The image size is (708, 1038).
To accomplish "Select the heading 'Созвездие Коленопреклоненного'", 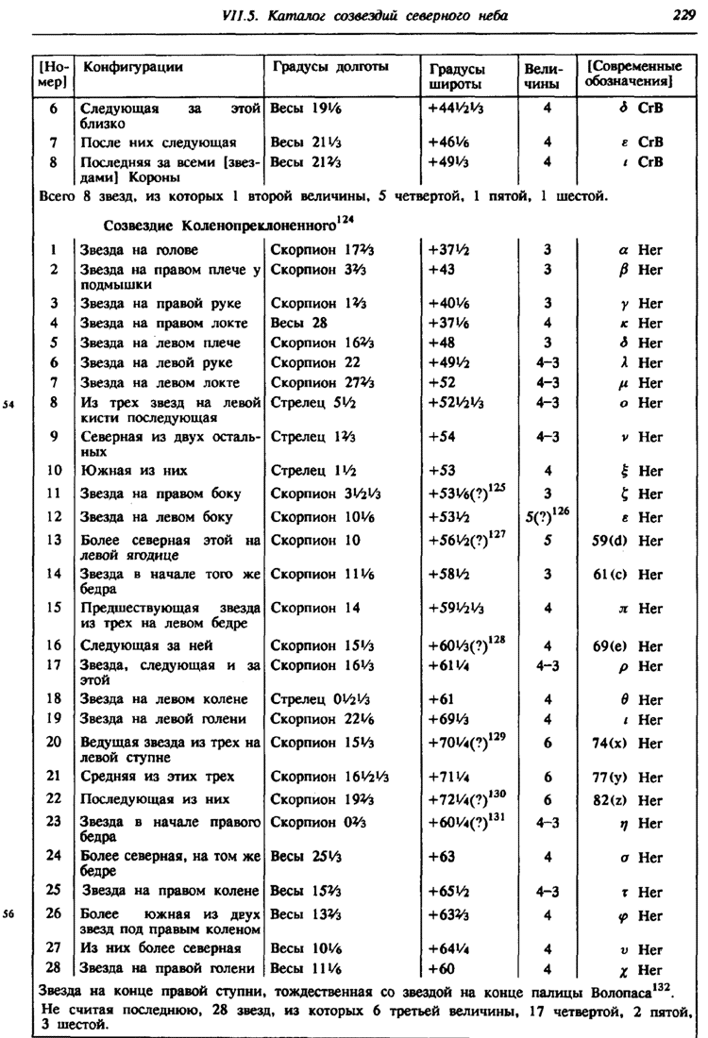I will (219, 226).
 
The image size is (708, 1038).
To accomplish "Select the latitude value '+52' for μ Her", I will (442, 382).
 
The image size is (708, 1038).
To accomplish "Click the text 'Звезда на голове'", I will (139, 250).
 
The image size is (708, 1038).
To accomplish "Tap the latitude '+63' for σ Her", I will (442, 857).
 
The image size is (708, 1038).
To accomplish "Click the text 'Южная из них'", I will (133, 470).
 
